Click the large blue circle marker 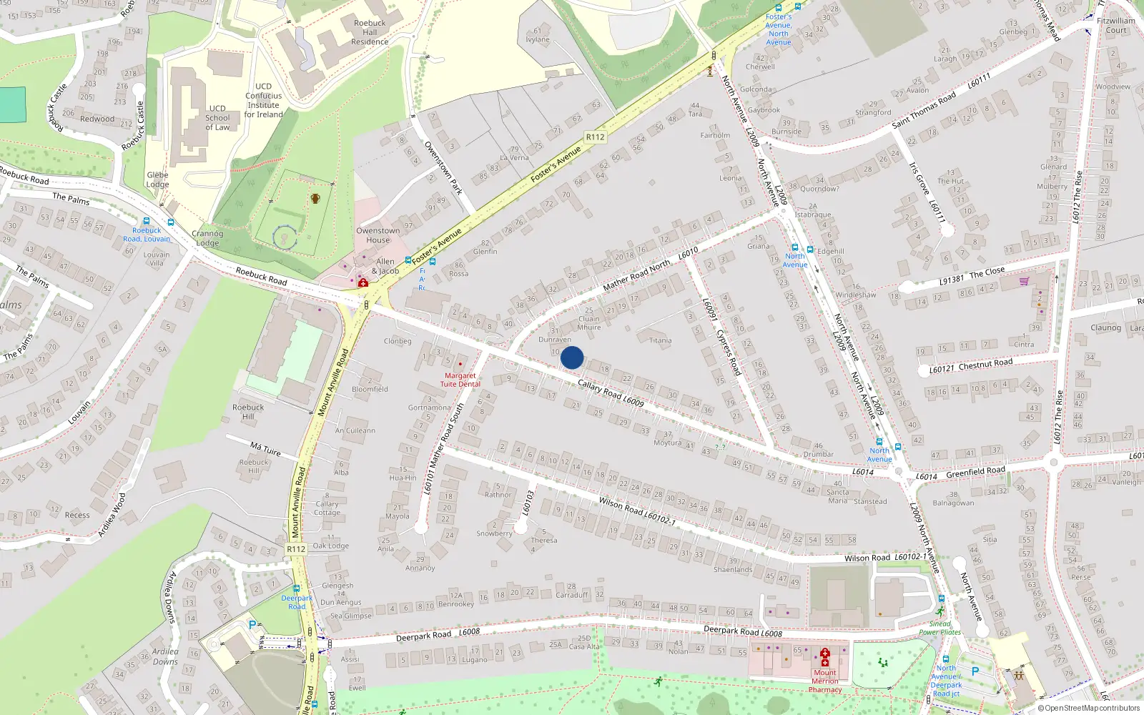(572, 357)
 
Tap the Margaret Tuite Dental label (460, 380)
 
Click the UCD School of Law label (217, 118)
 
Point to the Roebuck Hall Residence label (370, 32)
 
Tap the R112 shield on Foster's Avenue (595, 137)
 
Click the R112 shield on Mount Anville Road (296, 549)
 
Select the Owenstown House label (378, 235)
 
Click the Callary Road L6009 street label (611, 393)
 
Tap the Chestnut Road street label (971, 366)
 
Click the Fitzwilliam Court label (1115, 26)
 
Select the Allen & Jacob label (385, 266)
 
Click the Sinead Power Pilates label (940, 628)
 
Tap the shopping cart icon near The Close (1024, 281)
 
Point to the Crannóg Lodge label (207, 238)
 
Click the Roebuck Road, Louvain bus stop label (147, 235)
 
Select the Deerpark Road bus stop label (297, 602)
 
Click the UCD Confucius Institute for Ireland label (264, 100)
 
